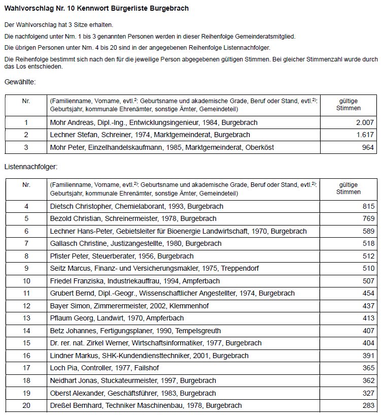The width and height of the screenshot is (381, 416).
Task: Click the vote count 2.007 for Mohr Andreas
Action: pos(365,122)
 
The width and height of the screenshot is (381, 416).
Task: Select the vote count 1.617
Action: pos(365,135)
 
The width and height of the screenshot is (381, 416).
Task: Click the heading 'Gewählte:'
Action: pos(20,81)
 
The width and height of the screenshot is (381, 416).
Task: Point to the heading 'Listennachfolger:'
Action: pos(31,166)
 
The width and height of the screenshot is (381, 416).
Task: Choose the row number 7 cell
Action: pos(26,244)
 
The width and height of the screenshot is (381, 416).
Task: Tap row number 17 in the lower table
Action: pos(26,368)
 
